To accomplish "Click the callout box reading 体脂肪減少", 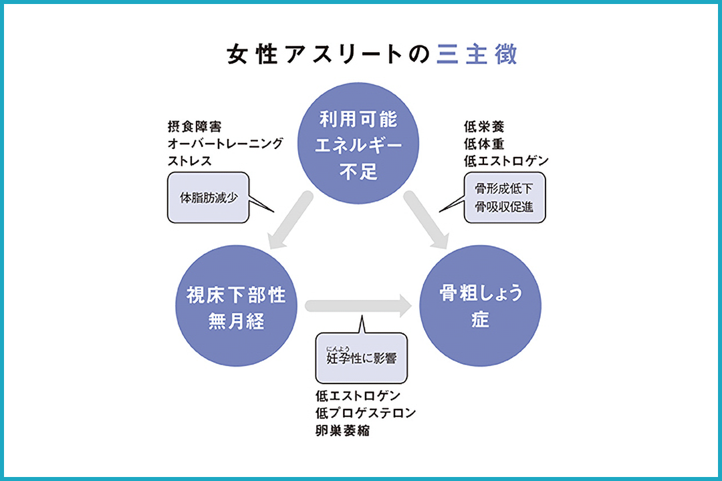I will (x=208, y=198).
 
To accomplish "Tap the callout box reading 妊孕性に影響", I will (x=360, y=357).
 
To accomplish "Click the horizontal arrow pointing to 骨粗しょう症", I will (x=358, y=307).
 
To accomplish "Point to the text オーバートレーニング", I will (x=225, y=144).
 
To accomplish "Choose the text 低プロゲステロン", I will (x=366, y=413).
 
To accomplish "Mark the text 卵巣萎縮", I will (x=343, y=430).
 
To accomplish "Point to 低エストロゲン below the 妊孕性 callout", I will (x=358, y=395).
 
